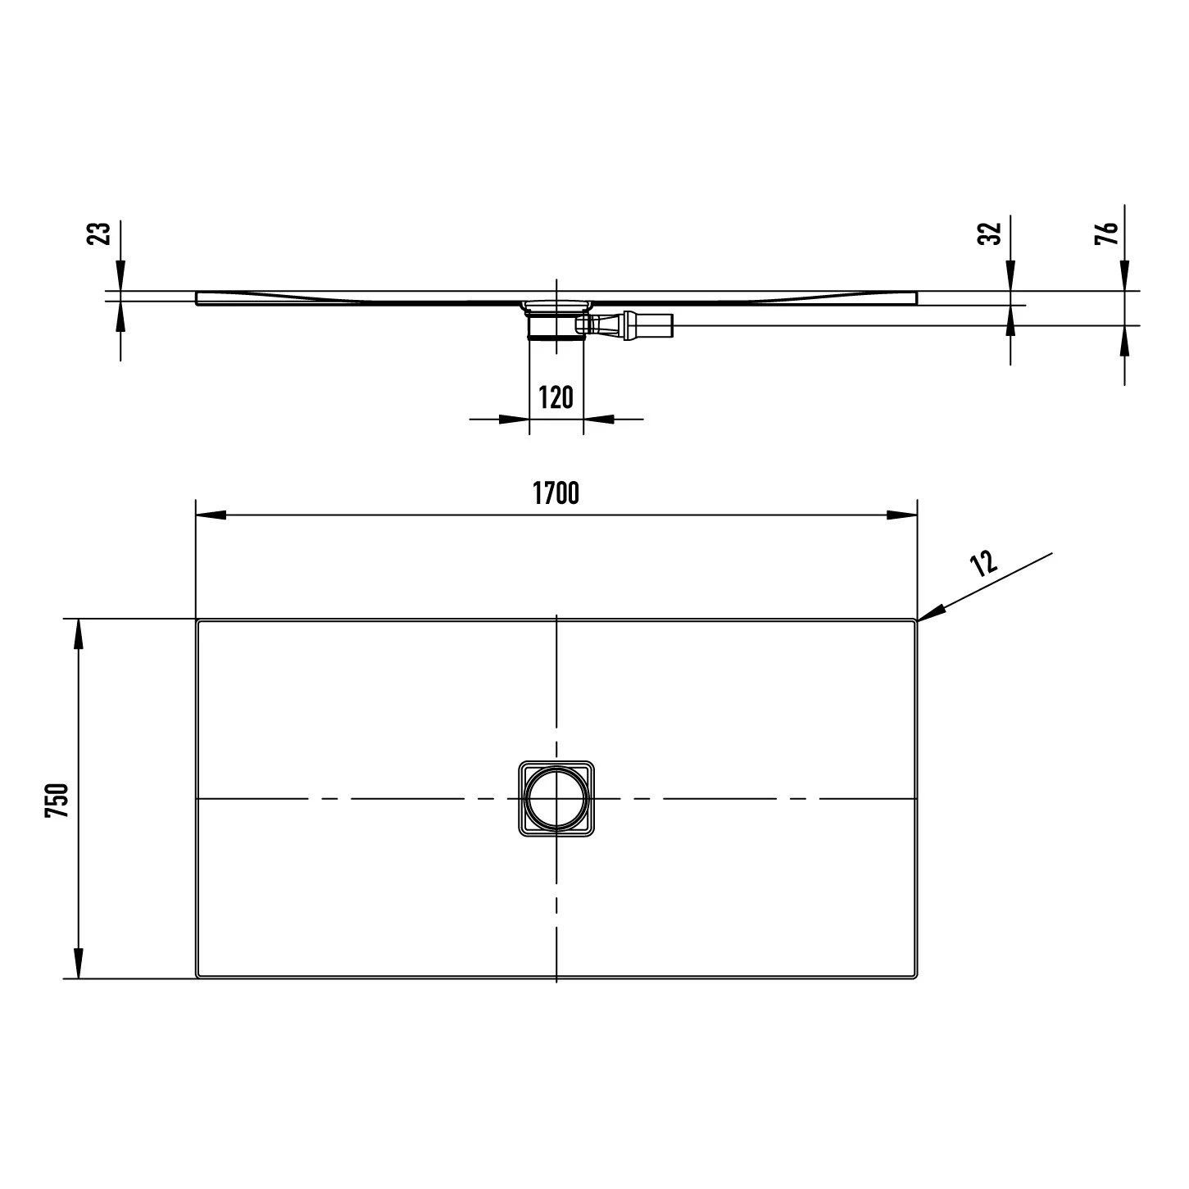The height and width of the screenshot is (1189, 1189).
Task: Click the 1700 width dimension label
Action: [x=556, y=493]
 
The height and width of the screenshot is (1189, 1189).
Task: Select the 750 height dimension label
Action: [x=57, y=801]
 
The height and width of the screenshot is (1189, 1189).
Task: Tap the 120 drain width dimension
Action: [x=556, y=397]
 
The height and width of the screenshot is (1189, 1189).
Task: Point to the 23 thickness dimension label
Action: [x=98, y=234]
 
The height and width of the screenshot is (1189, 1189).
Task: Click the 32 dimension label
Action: [x=989, y=234]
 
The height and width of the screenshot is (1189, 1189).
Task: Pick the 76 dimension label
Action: [x=1105, y=233]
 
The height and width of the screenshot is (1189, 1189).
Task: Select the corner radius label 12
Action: [x=983, y=563]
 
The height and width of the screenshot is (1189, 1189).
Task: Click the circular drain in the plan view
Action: [x=556, y=799]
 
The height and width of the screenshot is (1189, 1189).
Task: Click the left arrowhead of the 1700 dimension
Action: [x=211, y=515]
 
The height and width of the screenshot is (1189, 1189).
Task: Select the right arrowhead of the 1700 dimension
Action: [x=902, y=515]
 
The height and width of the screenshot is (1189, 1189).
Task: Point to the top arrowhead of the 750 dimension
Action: [x=79, y=633]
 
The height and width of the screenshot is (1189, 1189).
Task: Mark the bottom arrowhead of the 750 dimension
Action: [x=79, y=963]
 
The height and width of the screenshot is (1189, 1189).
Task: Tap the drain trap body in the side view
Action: [x=556, y=324]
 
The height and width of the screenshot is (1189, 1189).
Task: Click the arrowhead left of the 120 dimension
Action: [x=514, y=419]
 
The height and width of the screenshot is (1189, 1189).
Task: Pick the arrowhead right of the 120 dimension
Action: [x=598, y=419]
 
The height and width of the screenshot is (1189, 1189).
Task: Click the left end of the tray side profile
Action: [x=197, y=298]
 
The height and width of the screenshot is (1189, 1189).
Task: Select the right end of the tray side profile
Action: [x=916, y=298]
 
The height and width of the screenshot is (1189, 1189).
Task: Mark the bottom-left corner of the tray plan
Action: [x=197, y=978]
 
